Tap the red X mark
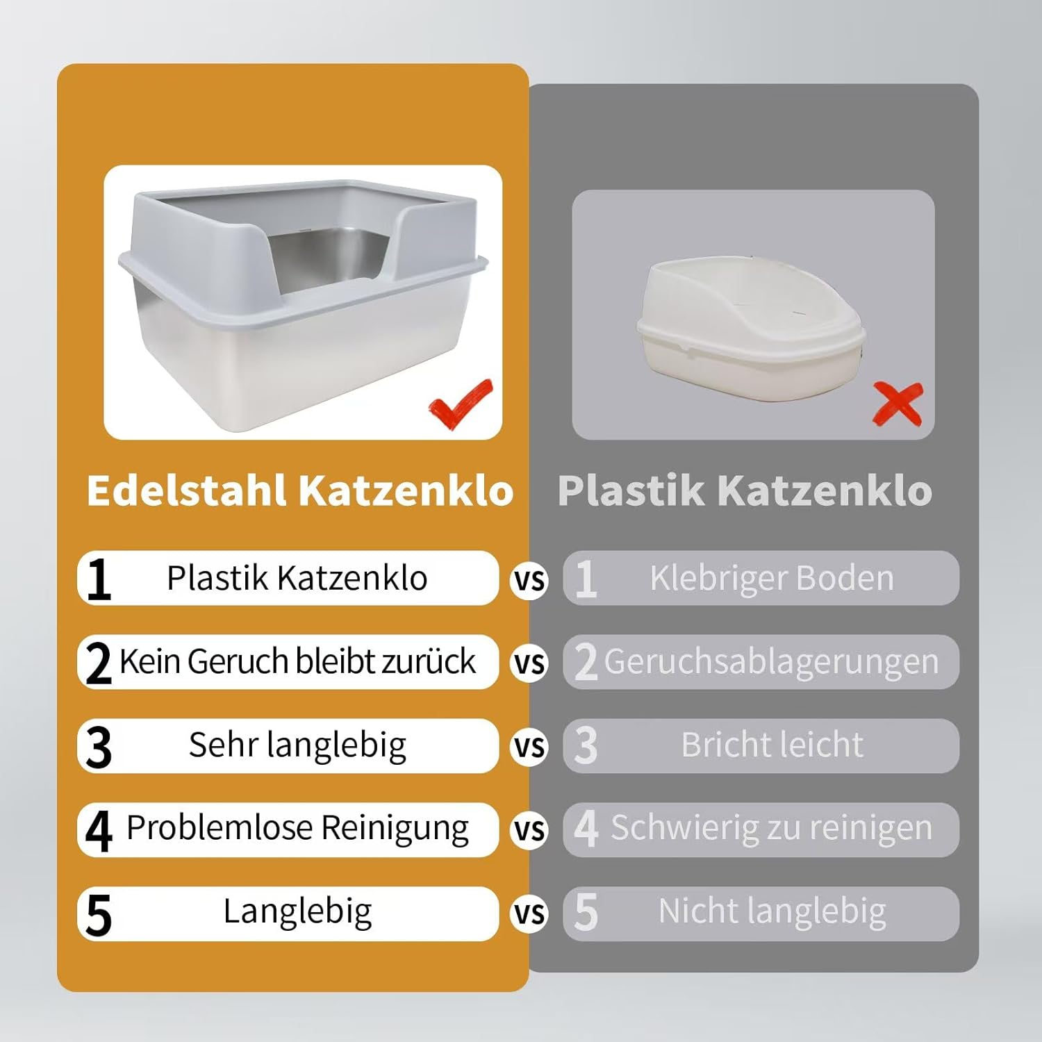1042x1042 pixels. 898,404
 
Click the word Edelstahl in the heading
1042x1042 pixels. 187,490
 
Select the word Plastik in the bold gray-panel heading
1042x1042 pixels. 631,490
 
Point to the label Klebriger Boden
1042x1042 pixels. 772,578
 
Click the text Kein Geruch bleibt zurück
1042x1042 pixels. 297,661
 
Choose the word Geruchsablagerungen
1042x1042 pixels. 771,662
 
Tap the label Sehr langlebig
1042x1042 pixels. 297,745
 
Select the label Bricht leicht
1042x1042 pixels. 772,745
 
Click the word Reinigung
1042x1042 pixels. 395,829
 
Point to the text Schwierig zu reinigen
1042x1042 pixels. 771,829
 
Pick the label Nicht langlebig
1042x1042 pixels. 772,911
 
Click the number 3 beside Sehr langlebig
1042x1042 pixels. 99,747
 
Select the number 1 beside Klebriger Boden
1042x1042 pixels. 586,579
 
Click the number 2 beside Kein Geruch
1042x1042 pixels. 99,663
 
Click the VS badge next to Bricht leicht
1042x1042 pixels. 529,747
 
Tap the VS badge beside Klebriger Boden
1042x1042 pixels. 529,580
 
